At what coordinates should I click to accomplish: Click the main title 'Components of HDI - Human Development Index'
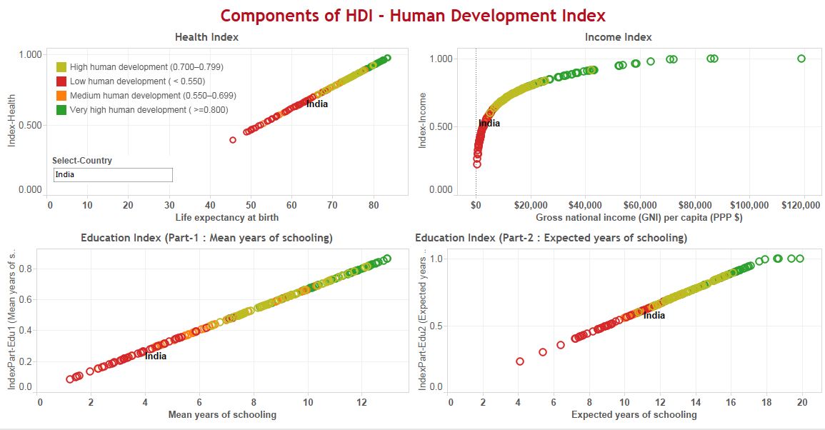coord(412,15)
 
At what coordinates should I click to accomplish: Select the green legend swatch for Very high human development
coord(61,110)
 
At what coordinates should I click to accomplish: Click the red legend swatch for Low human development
coord(61,81)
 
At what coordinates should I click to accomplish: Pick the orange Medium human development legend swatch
coord(61,96)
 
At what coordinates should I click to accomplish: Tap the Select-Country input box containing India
coord(113,175)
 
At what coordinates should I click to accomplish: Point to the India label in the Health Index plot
coord(317,104)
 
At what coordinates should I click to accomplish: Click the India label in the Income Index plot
coord(489,124)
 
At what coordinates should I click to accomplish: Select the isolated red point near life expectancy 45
coord(233,140)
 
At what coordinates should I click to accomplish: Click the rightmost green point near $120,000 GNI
coord(801,59)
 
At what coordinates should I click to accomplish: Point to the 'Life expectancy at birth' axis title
coord(226,217)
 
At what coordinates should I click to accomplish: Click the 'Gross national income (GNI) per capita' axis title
coord(639,217)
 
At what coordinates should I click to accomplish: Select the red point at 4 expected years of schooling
coord(520,361)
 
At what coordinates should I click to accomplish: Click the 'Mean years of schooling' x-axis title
coord(221,414)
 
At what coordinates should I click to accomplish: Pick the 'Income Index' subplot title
coord(618,37)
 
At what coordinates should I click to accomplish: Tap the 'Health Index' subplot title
coord(206,37)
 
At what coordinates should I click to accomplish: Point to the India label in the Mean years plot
coord(156,356)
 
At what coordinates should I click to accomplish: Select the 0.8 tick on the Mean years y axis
coord(22,269)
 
